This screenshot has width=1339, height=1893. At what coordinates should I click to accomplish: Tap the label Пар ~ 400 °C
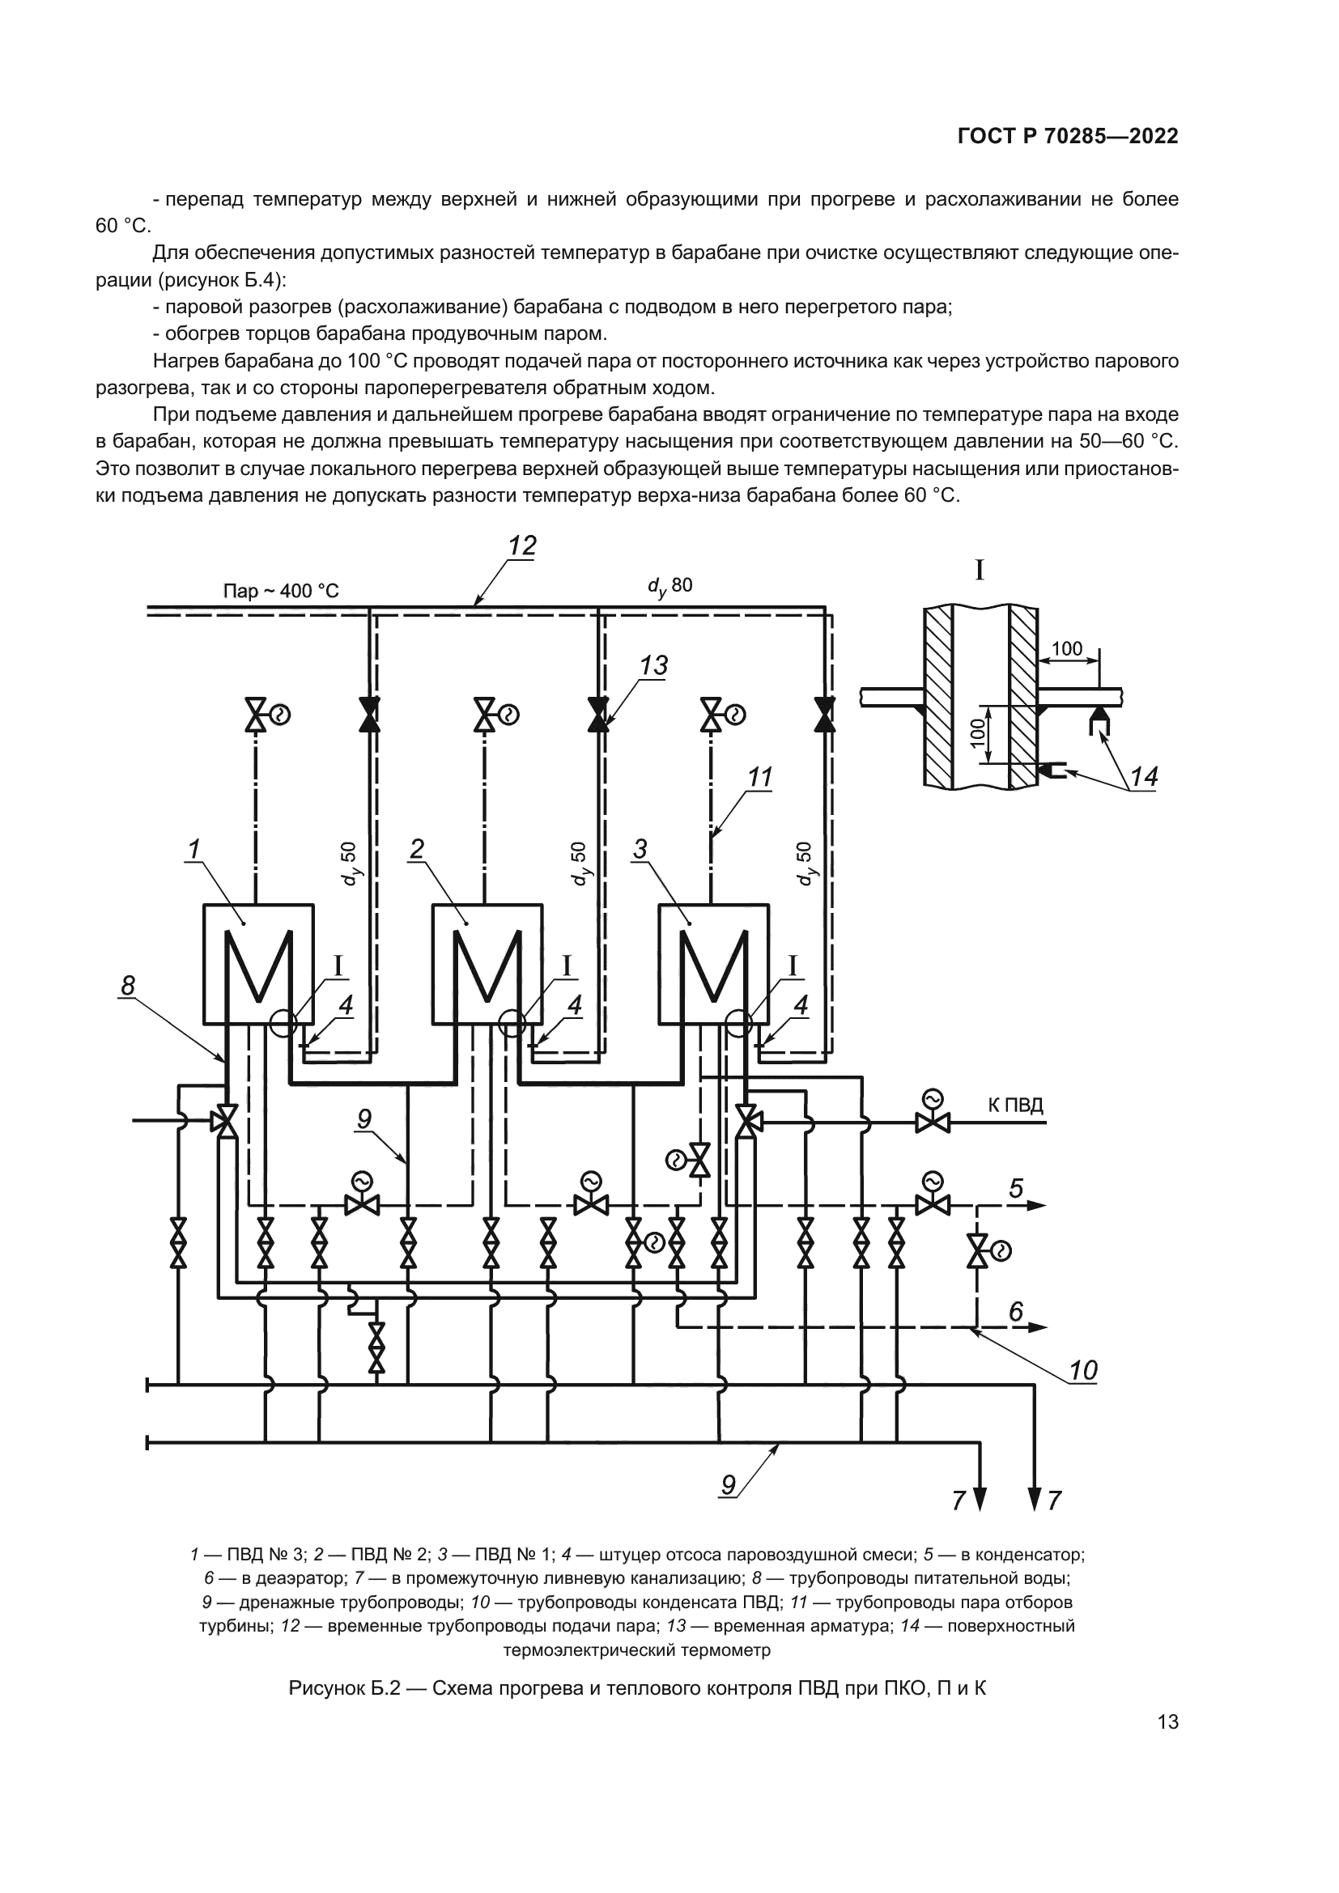pyautogui.click(x=280, y=591)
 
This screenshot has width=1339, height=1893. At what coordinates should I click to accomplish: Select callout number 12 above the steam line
pyautogui.click(x=522, y=545)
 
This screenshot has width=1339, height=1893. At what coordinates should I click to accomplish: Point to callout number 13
pyautogui.click(x=654, y=665)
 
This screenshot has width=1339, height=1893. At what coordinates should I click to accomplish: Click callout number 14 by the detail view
pyautogui.click(x=1144, y=777)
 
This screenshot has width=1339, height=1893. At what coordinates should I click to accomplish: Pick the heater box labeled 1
pyautogui.click(x=258, y=964)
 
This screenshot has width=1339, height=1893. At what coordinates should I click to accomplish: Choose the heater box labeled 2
pyautogui.click(x=487, y=964)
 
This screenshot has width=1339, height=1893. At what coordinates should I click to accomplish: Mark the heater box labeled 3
pyautogui.click(x=713, y=964)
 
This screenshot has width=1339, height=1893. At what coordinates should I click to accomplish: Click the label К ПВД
pyautogui.click(x=1016, y=1105)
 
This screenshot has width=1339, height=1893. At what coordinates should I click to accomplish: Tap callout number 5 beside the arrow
pyautogui.click(x=1016, y=1188)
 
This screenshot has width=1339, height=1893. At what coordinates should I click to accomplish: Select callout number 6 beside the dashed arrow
pyautogui.click(x=1016, y=1311)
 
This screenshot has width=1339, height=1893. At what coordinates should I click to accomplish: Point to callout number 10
pyautogui.click(x=1082, y=1370)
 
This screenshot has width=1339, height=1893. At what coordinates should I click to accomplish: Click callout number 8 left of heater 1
pyautogui.click(x=128, y=985)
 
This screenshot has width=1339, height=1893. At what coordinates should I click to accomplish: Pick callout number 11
pyautogui.click(x=759, y=777)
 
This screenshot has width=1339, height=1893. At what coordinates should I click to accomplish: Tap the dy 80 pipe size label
pyautogui.click(x=669, y=585)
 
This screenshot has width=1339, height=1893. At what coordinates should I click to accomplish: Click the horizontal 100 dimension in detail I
pyautogui.click(x=1067, y=649)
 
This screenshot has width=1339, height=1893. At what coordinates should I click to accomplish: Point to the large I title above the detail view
pyautogui.click(x=980, y=571)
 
